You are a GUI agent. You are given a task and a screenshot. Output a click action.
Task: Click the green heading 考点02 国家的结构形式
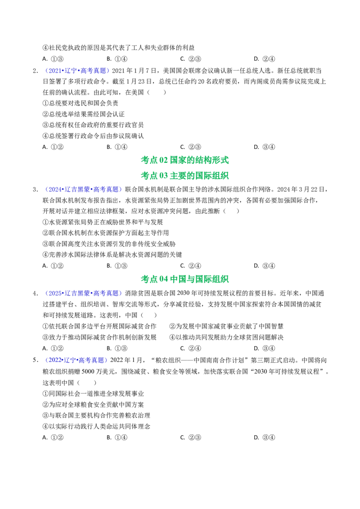pyautogui.click(x=184, y=160)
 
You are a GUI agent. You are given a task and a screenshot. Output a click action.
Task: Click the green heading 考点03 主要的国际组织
pyautogui.click(x=184, y=176)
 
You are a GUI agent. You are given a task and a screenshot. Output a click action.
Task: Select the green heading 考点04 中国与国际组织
pyautogui.click(x=184, y=279)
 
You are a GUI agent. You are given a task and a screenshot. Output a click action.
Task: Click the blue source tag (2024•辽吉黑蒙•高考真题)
pyautogui.click(x=83, y=190)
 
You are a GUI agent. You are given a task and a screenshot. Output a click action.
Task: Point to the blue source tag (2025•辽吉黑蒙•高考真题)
pyautogui.click(x=83, y=294)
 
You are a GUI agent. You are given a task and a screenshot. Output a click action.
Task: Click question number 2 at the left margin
pyautogui.click(x=36, y=71)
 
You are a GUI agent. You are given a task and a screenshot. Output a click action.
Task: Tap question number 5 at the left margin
pyautogui.click(x=36, y=360)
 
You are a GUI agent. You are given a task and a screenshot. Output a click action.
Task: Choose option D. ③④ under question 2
pyautogui.click(x=265, y=147)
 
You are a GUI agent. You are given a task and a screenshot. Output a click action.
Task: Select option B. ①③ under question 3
pyautogui.click(x=117, y=266)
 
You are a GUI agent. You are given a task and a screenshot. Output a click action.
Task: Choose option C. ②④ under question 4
pyautogui.click(x=191, y=348)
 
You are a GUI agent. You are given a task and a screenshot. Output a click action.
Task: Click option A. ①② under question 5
pyautogui.click(x=53, y=438)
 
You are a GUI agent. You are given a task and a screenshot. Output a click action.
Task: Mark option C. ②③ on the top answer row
pyautogui.click(x=191, y=59)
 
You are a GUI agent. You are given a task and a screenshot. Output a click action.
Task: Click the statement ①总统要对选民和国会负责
pyautogui.click(x=81, y=103)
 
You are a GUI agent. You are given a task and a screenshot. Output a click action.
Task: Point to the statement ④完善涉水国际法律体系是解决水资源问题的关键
pyautogui.click(x=112, y=255)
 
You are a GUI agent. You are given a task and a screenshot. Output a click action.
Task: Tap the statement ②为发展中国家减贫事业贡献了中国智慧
pyautogui.click(x=226, y=326)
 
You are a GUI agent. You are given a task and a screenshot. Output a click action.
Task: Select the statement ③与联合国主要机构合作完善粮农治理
pyautogui.click(x=96, y=415)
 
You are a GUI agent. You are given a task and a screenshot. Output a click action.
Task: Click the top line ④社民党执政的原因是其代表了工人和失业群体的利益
pyautogui.click(x=119, y=48)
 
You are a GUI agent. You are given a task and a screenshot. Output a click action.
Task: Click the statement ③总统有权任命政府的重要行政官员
pyautogui.click(x=93, y=125)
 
